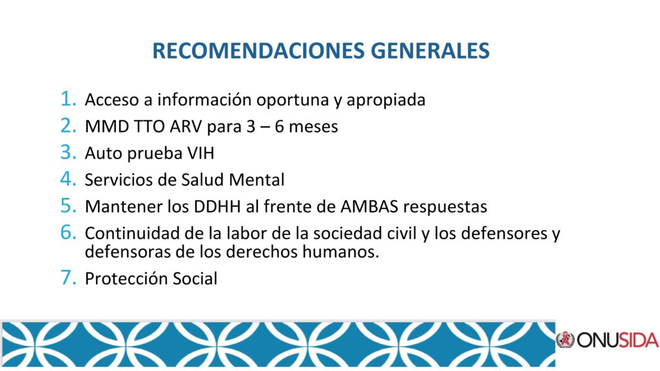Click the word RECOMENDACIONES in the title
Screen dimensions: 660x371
pos(258,50)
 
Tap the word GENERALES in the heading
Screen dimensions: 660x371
pos(430,50)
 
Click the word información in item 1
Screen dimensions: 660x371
pos(204,100)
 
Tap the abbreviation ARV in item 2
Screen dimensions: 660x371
pos(186,126)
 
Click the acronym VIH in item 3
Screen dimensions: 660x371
pos(201,153)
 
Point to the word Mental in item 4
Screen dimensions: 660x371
pos(257,180)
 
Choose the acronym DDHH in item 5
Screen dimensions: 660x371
pos(217,207)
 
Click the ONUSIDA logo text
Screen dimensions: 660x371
pos(617,340)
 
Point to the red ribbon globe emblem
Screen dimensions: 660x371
pos(565,339)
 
